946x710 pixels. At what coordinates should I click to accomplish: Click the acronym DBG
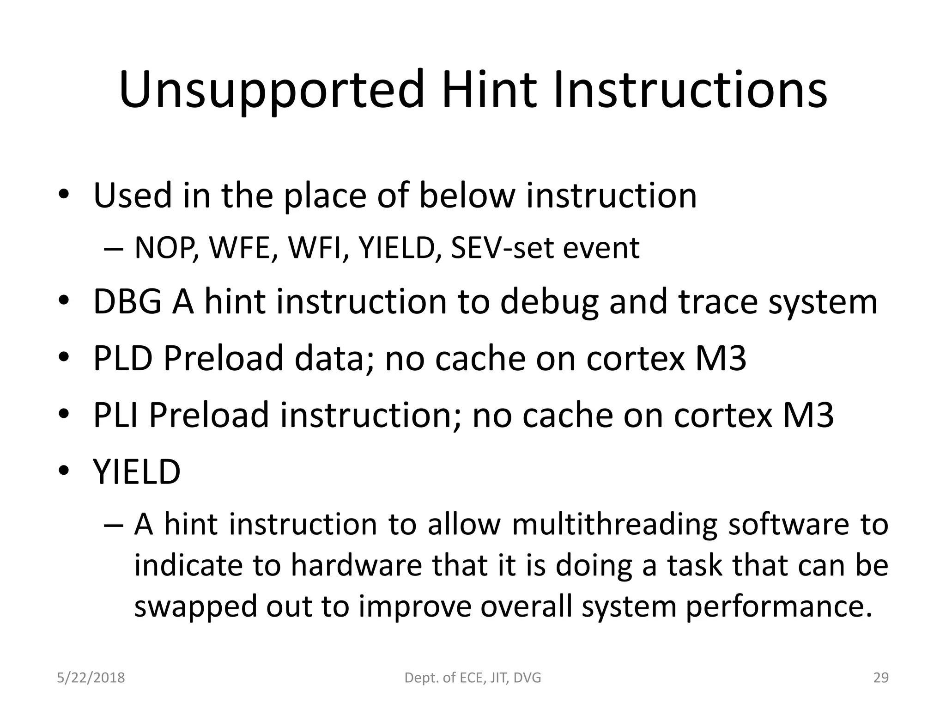tap(127, 302)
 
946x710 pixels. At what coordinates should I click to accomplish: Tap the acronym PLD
tap(122, 359)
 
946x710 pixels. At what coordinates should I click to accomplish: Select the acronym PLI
tap(116, 415)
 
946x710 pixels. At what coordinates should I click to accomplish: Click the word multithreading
tap(614, 526)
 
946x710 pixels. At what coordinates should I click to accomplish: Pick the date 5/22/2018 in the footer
tap(91, 678)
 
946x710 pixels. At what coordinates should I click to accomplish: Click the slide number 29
tap(881, 678)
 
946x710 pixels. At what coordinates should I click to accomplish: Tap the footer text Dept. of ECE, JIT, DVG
tap(473, 678)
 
